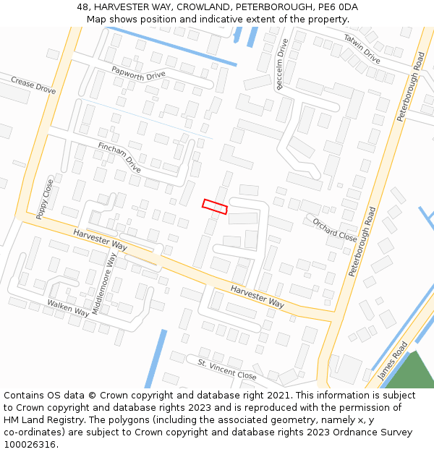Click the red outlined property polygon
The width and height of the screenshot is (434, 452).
(x=215, y=207)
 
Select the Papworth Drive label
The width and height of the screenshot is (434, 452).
(x=138, y=73)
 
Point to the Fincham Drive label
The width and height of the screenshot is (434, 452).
(x=119, y=158)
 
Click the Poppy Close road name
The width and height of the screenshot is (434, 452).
(x=45, y=200)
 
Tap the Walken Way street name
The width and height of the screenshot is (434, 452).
(x=68, y=307)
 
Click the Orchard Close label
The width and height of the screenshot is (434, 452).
(x=335, y=228)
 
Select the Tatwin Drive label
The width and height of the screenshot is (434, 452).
(x=362, y=48)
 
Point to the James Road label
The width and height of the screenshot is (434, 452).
(x=393, y=361)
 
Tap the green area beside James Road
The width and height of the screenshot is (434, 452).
(x=414, y=372)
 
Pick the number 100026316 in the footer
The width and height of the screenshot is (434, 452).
(x=30, y=445)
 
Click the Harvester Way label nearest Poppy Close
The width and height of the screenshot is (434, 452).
(x=100, y=240)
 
